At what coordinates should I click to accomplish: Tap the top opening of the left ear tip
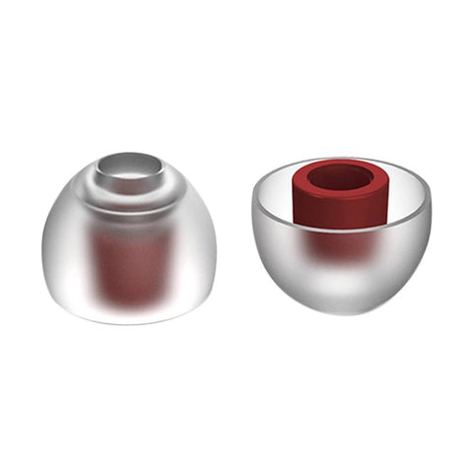tap(132, 166)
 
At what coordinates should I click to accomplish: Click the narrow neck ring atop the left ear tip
tap(132, 187)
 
